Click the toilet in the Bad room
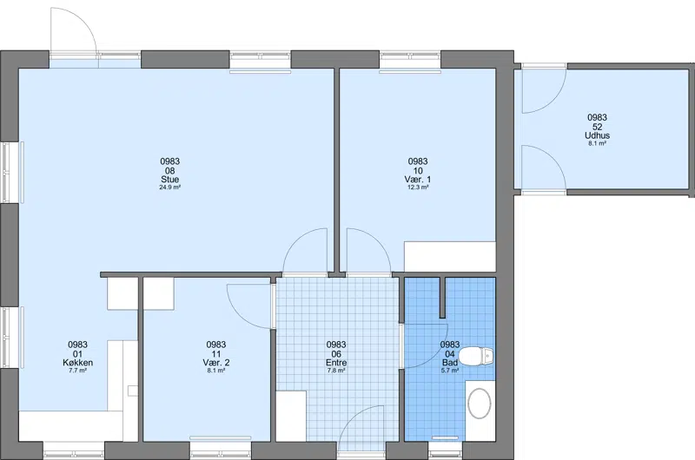point(476,356)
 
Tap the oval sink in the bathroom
point(480,404)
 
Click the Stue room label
point(169,180)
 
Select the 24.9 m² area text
point(169,187)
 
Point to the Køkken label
point(78,363)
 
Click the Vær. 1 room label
point(418,180)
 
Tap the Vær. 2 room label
point(215,363)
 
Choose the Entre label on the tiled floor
point(336,363)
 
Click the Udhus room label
point(597,135)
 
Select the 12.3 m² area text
point(418,187)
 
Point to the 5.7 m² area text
point(450,371)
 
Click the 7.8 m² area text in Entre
point(336,371)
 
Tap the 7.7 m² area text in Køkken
point(78,371)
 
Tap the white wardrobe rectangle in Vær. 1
point(449,256)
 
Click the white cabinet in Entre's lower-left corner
point(291,416)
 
